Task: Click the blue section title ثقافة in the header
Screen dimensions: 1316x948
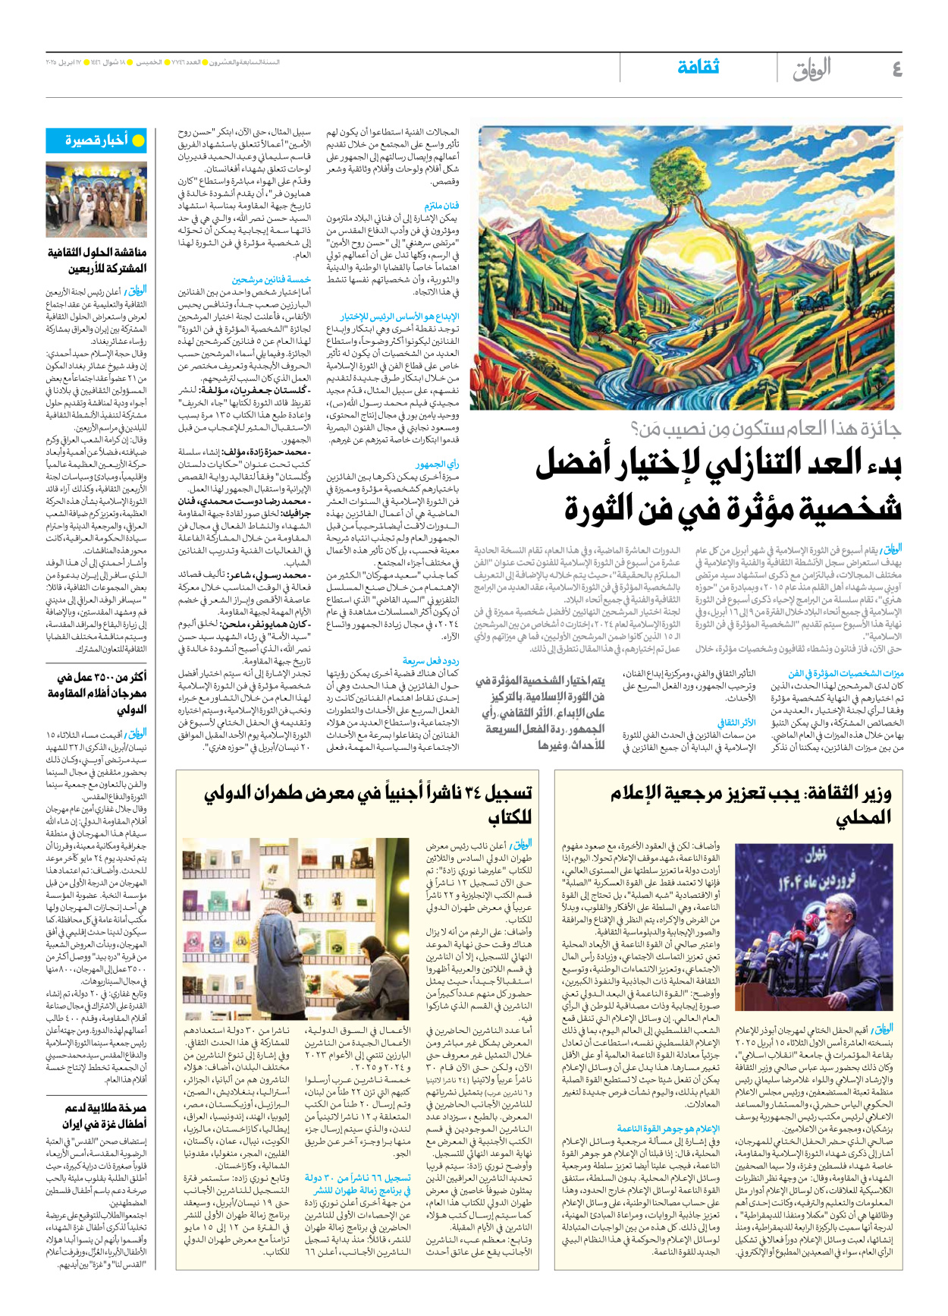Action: click(x=698, y=68)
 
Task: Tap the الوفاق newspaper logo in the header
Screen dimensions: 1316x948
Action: click(x=811, y=69)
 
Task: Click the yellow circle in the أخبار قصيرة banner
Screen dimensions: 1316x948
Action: click(x=138, y=141)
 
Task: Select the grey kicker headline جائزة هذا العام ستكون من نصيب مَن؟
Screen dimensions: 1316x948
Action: click(x=766, y=430)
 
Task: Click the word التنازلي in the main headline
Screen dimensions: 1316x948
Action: click(x=766, y=464)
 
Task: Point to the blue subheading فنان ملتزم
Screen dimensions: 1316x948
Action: click(x=441, y=206)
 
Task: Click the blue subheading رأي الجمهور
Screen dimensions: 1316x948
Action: click(x=438, y=464)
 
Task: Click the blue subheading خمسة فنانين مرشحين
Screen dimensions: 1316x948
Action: click(x=271, y=280)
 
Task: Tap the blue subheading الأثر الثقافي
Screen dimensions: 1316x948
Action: click(x=736, y=723)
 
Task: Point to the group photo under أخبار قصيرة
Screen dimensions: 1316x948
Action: click(x=96, y=200)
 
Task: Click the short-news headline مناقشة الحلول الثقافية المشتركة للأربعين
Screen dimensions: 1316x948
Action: click(x=97, y=260)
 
